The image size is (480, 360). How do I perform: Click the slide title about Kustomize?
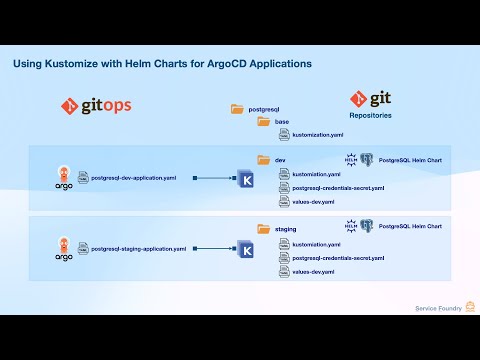[x=162, y=63]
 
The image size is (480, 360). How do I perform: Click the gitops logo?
[x=96, y=104]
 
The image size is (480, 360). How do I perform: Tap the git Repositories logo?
[x=370, y=99]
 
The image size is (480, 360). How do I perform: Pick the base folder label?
[x=281, y=121]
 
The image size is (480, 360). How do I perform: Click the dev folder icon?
[x=264, y=160]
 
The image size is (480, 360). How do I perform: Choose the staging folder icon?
[x=264, y=229]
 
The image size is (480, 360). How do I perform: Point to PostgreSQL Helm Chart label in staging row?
[x=414, y=228]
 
